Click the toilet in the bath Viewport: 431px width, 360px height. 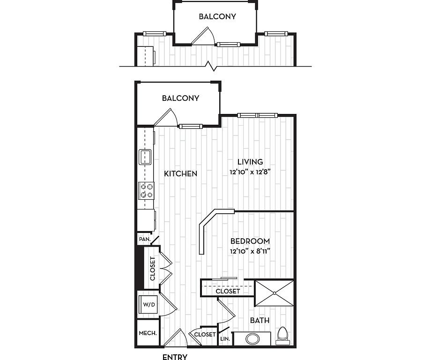click(x=283, y=336)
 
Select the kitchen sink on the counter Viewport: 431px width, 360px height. click(x=145, y=157)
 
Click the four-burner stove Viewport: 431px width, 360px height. click(x=146, y=191)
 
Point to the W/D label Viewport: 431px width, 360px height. click(x=149, y=304)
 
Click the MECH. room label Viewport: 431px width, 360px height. click(x=148, y=333)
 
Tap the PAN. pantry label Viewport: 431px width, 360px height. click(x=145, y=239)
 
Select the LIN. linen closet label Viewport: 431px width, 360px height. click(x=225, y=339)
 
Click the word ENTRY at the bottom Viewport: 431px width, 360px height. click(x=175, y=357)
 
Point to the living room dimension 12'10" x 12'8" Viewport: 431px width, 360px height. click(x=250, y=172)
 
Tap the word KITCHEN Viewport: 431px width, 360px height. click(x=180, y=174)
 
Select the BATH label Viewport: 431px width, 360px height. click(x=260, y=321)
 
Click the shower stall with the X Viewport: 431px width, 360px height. click(x=275, y=293)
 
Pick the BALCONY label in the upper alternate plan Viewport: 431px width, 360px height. click(x=217, y=16)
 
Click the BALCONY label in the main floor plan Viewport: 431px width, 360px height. click(x=180, y=98)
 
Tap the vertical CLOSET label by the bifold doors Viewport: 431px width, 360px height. click(x=153, y=269)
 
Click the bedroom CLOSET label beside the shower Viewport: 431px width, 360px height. click(x=228, y=291)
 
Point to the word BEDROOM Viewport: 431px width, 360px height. click(x=250, y=241)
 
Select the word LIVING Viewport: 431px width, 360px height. click(x=250, y=162)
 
